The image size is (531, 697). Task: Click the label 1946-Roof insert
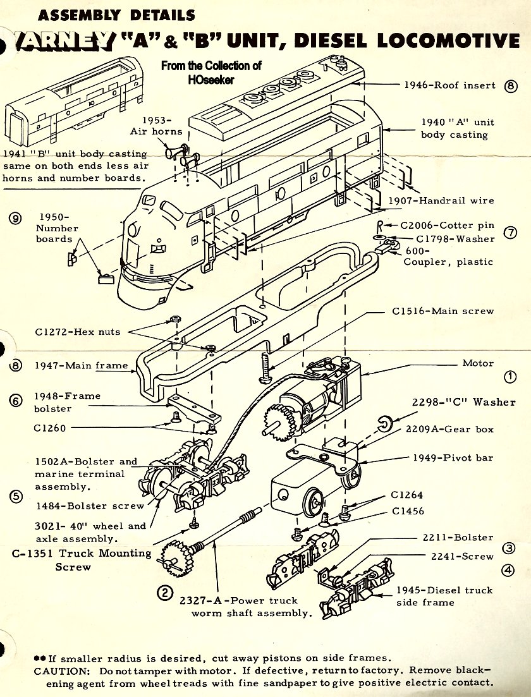[449, 85]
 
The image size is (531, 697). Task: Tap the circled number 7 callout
[510, 233]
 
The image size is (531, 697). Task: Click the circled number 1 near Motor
[510, 377]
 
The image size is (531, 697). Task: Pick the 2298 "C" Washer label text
[464, 402]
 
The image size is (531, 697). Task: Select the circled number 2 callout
[164, 592]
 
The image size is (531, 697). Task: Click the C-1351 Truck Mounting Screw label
[82, 559]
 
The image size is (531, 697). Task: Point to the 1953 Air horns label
[156, 125]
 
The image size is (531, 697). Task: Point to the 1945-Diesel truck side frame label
[444, 596]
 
